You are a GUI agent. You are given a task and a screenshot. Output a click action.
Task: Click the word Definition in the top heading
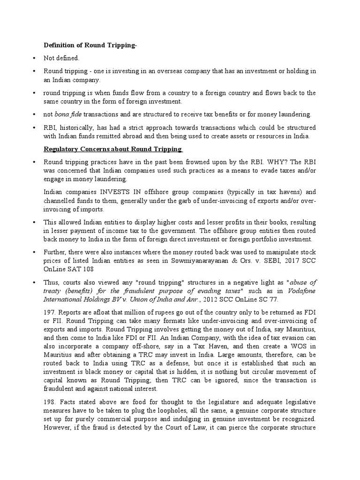[x=60, y=45]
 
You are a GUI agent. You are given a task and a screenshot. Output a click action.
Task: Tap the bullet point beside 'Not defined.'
[x=35, y=58]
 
